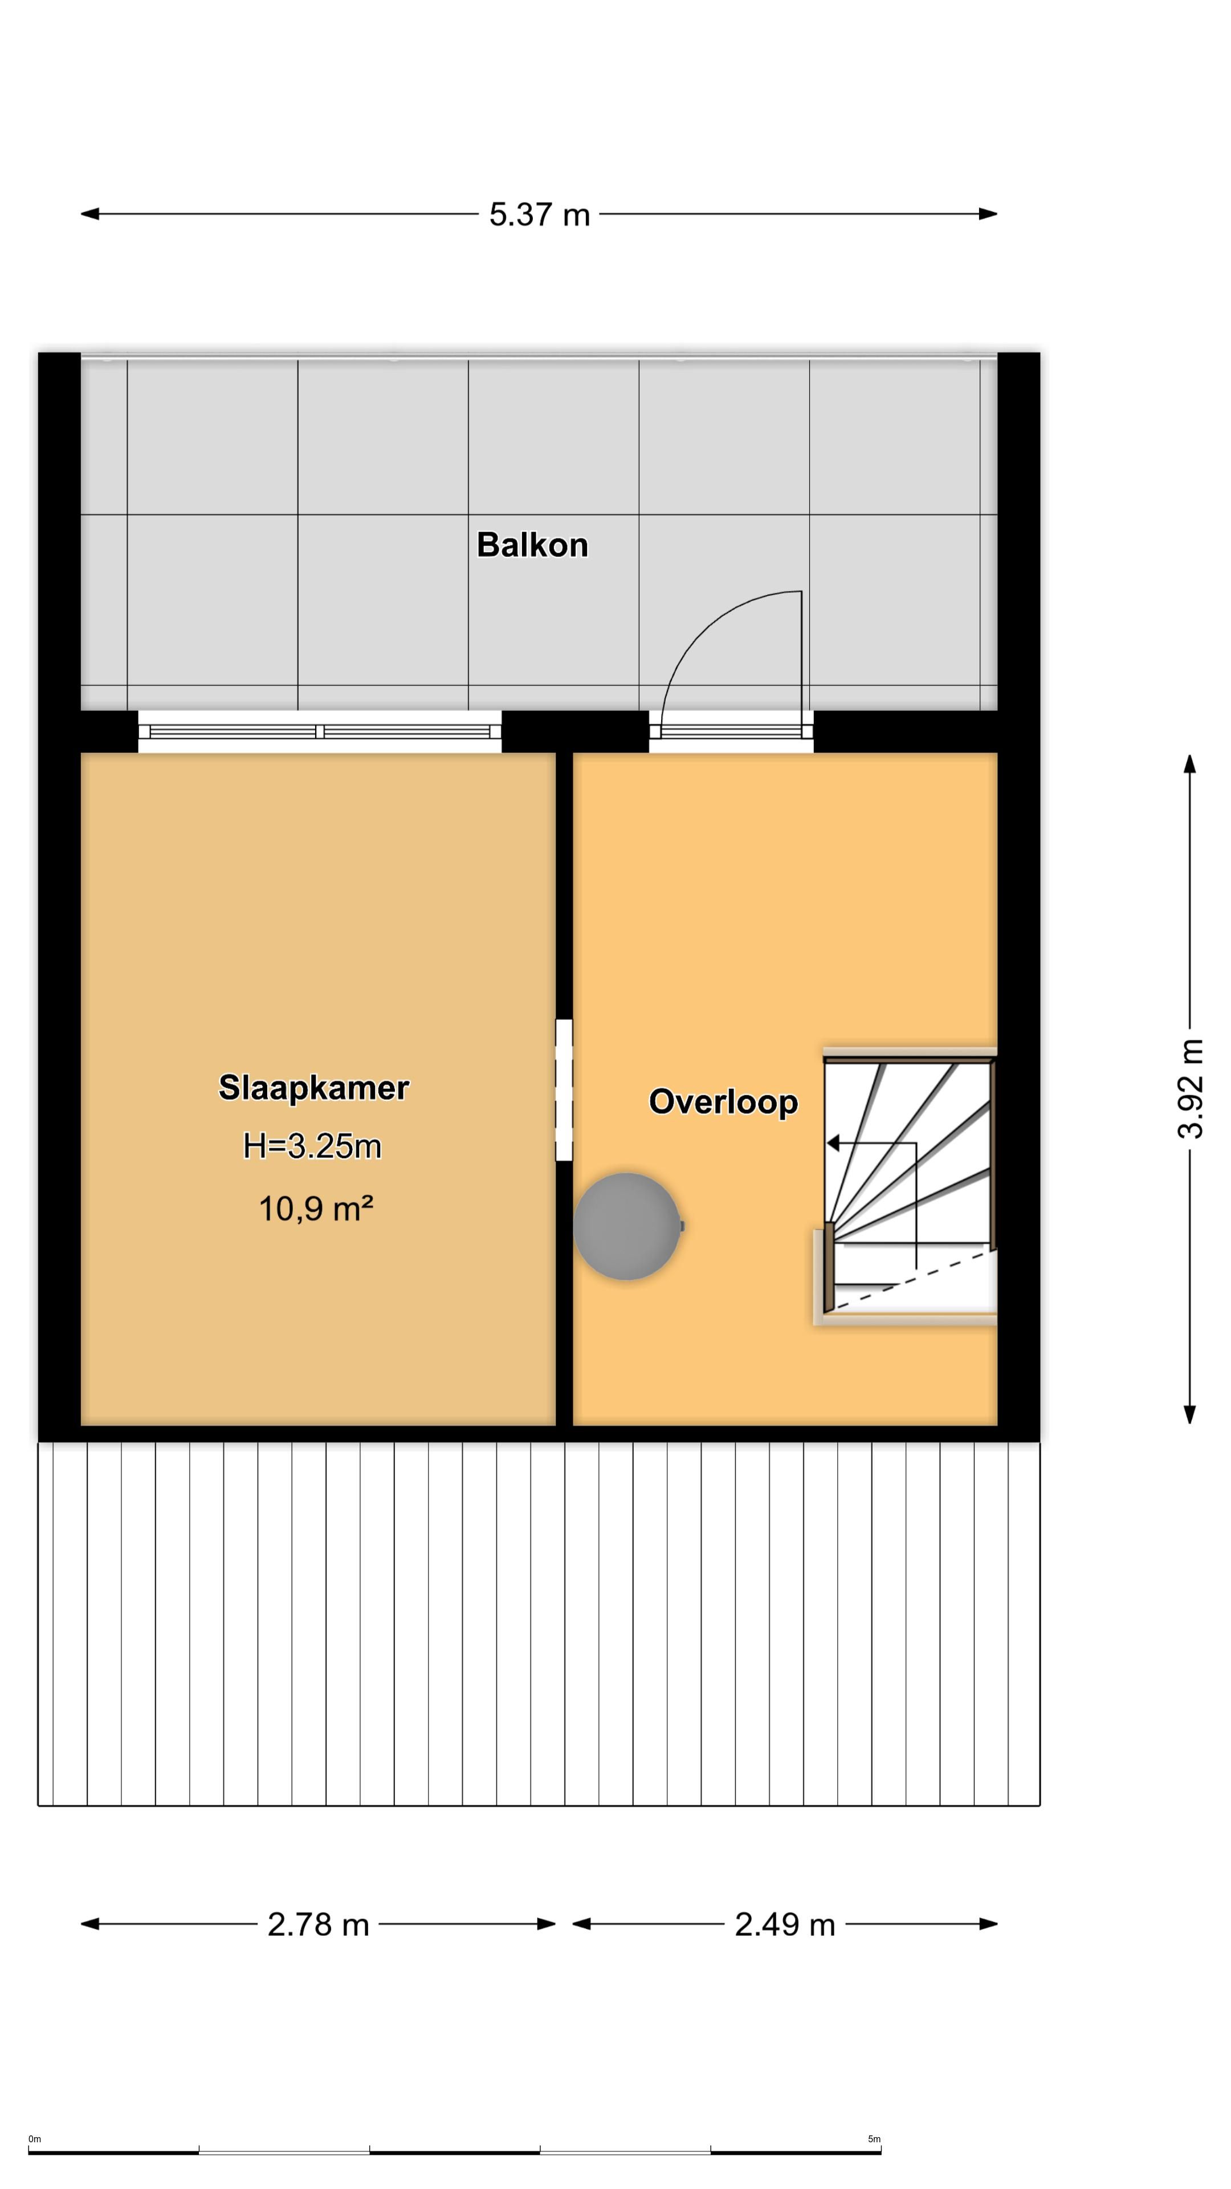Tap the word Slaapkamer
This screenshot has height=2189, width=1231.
pos(313,1088)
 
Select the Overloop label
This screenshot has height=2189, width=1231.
pos(723,1101)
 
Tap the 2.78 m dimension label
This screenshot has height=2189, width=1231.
pos(318,1924)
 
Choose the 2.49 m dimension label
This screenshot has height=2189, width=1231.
pos(784,1924)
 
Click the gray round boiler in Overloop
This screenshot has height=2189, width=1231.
pos(627,1226)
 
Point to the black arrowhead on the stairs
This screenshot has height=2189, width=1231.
pos(833,1144)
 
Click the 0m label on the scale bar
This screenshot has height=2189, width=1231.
pos(35,2139)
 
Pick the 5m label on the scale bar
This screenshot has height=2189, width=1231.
pos(874,2139)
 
